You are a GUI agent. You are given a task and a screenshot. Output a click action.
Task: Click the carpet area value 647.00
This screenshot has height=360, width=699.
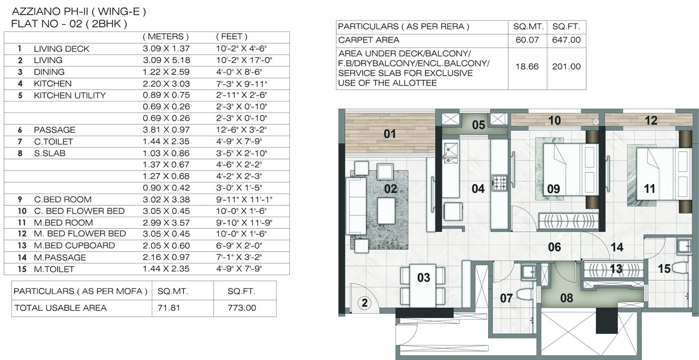pos(567,40)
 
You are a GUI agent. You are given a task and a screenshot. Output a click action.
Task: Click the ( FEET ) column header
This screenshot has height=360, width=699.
pos(231,37)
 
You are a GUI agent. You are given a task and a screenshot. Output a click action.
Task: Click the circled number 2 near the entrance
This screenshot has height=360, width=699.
pos(365,302)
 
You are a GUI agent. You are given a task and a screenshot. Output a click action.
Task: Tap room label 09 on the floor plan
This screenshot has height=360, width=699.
pos(554,188)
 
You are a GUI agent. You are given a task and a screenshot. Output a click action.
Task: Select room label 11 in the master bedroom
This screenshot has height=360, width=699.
pos(649,189)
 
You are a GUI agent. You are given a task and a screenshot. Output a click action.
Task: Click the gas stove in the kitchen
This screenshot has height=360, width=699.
pos(499,183)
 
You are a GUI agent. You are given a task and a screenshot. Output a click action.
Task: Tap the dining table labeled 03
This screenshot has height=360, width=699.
pos(423,287)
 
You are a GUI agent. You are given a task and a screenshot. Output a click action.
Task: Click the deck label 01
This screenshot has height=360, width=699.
pos(390,134)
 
